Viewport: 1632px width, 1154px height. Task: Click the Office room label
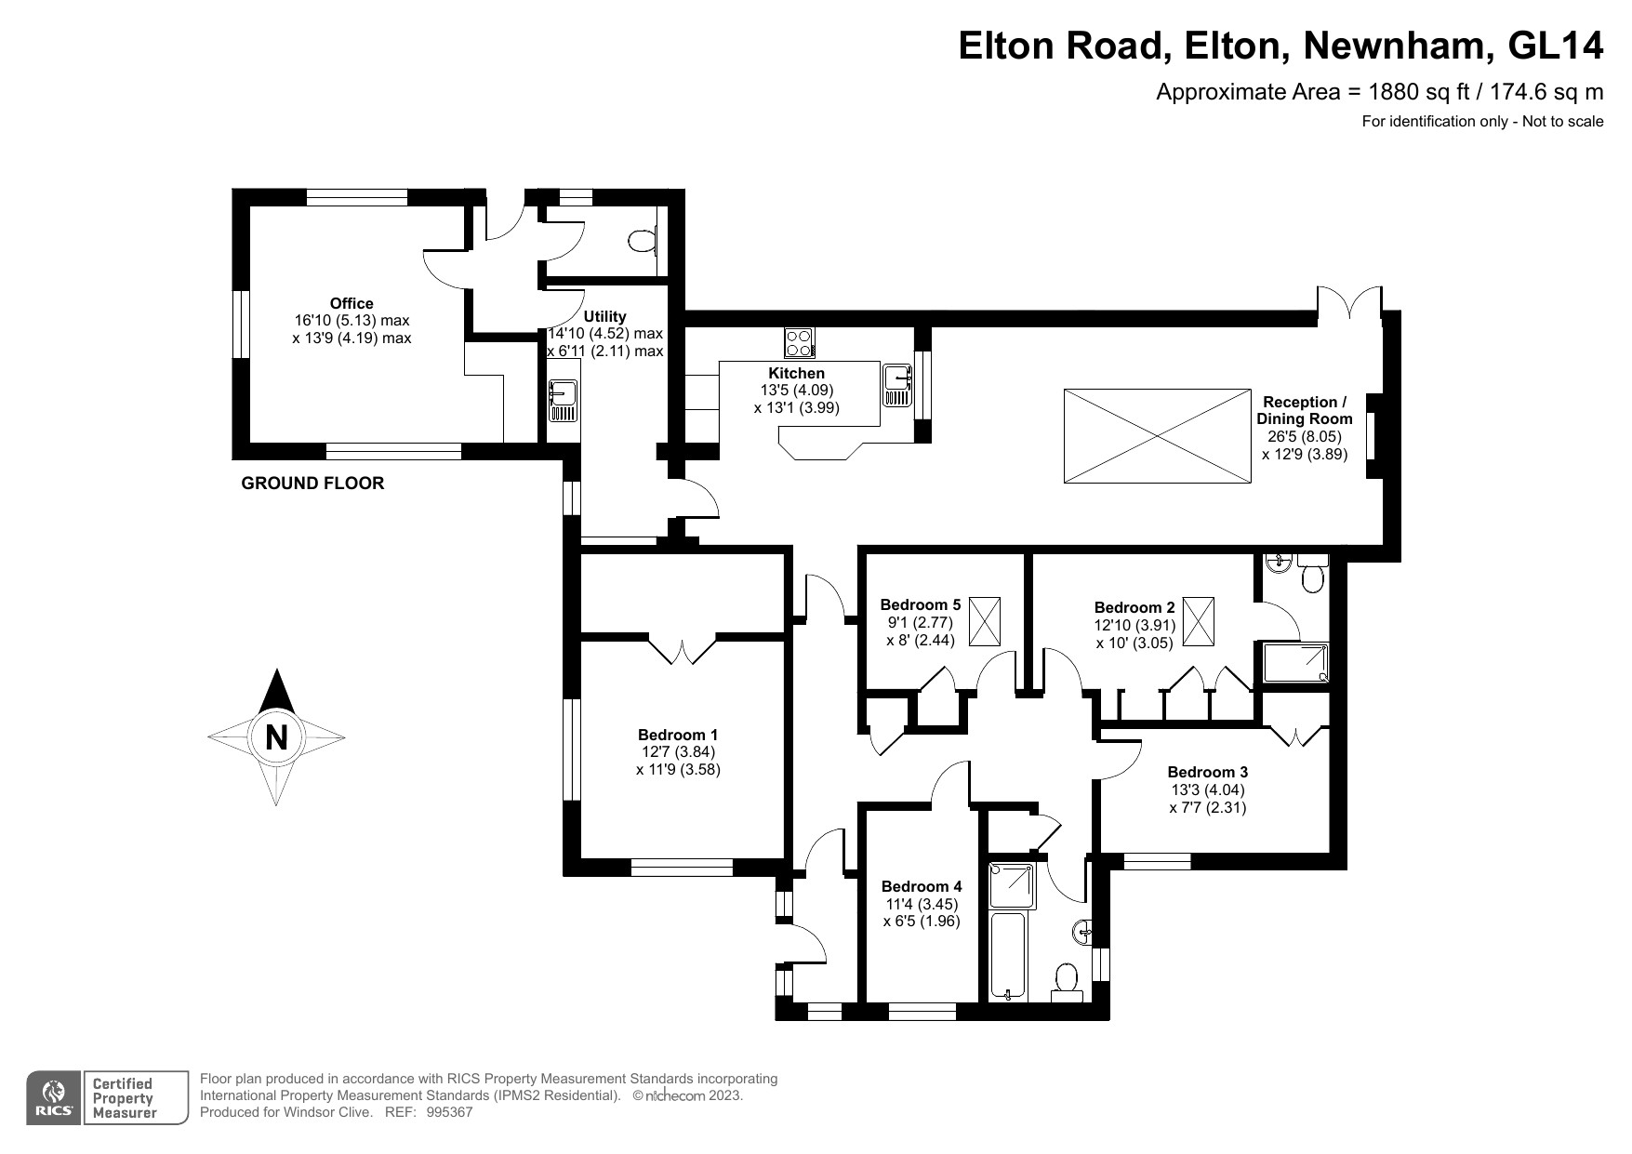(x=352, y=303)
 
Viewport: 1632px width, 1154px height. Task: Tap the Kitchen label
(x=796, y=373)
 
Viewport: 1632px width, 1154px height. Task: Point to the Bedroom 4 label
(x=922, y=886)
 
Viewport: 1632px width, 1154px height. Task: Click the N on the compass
(x=276, y=737)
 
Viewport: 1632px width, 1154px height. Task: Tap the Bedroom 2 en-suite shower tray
(x=1294, y=662)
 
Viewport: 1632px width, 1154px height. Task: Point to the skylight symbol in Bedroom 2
(x=1200, y=622)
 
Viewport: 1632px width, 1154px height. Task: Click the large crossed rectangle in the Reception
(x=1158, y=436)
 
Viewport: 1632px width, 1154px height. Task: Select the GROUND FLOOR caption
(x=312, y=484)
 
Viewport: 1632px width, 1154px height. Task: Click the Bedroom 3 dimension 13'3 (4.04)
(x=1208, y=790)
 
